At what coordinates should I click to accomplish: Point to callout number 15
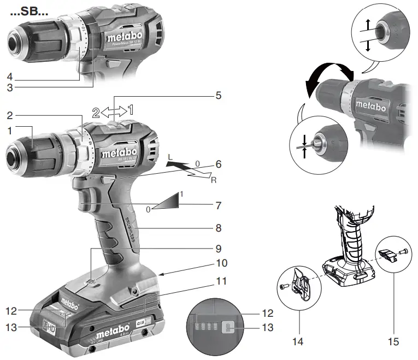click(x=395, y=341)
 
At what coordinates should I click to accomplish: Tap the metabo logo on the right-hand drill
click(x=371, y=105)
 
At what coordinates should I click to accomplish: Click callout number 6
click(x=218, y=163)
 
